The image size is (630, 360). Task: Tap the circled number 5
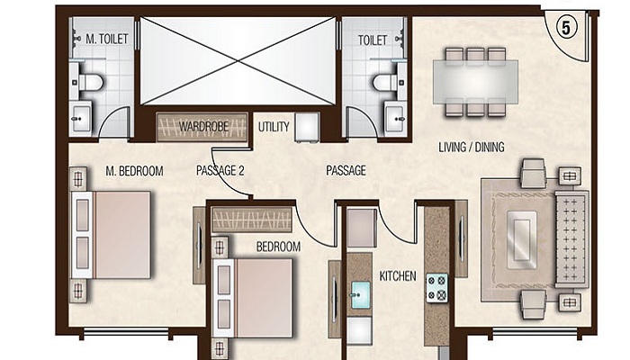pyautogui.click(x=565, y=27)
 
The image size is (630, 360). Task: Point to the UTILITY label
pyautogui.click(x=274, y=127)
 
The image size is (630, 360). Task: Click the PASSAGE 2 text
pyautogui.click(x=220, y=169)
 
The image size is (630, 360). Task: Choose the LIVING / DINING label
pyautogui.click(x=471, y=147)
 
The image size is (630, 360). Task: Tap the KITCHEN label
pyautogui.click(x=398, y=276)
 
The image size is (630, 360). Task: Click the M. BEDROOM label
pyautogui.click(x=132, y=169)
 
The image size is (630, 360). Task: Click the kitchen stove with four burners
pyautogui.click(x=437, y=287)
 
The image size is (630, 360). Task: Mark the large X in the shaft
pyautogui.click(x=237, y=59)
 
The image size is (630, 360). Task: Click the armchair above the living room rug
pyautogui.click(x=533, y=171)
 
